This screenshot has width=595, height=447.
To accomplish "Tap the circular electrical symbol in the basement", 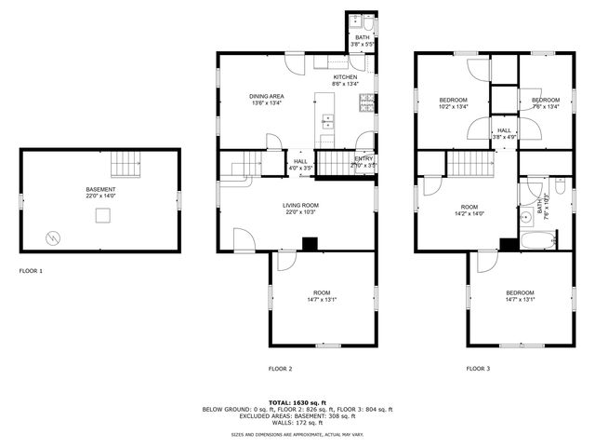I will (53, 237).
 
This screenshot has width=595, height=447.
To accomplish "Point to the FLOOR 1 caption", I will (31, 271).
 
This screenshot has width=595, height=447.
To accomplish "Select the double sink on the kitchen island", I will (328, 120).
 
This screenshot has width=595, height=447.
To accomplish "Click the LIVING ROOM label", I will (301, 205).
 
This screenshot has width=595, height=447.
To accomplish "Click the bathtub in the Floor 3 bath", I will (538, 242).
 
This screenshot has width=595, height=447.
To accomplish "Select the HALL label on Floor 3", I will (503, 130).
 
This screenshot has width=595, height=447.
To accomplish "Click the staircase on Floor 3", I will (469, 165).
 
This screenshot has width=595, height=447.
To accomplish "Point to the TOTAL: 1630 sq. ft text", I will (297, 402).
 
